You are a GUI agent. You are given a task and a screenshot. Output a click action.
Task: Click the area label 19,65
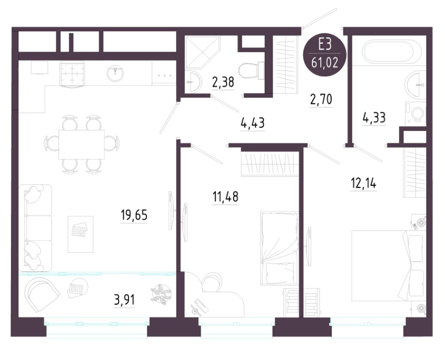134,215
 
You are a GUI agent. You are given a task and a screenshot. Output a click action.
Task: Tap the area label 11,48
225,197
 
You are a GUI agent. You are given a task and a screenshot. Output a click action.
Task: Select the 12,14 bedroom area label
364,184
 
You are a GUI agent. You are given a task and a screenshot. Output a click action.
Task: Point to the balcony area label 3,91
124,300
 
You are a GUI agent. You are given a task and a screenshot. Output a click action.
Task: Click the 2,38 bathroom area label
223,82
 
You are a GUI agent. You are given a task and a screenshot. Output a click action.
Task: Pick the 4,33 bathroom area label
374,117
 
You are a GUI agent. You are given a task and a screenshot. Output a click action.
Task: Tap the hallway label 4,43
252,123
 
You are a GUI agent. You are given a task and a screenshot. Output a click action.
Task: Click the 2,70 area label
321,100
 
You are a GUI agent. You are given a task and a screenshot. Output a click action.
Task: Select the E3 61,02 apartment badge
325,55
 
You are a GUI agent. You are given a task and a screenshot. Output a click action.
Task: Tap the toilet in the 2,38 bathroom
251,70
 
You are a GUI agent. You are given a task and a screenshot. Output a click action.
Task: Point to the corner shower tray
203,53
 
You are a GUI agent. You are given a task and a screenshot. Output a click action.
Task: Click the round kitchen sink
115,73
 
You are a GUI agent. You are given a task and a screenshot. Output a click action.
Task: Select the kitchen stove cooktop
73,74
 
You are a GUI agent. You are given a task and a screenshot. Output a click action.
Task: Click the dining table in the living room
81,145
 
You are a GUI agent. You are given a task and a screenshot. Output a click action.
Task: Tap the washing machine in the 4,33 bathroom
415,114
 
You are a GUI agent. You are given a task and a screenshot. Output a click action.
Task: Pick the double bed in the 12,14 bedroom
389,266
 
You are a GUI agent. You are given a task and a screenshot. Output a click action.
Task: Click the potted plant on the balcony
161,295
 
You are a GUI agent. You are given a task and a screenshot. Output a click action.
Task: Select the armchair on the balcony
41,294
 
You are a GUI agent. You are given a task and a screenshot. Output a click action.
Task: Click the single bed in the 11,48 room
279,248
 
